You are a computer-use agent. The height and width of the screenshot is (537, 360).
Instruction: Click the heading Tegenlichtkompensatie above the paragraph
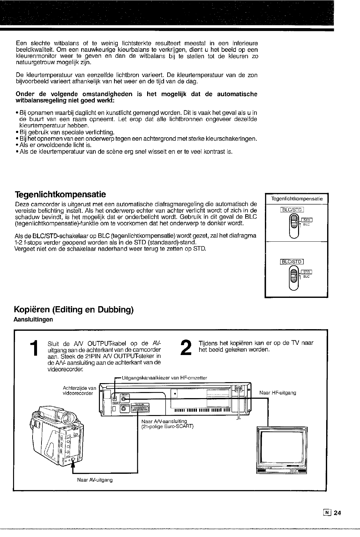pyautogui.click(x=60, y=194)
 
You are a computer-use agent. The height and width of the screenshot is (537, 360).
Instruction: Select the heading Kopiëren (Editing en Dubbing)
pyautogui.click(x=73, y=310)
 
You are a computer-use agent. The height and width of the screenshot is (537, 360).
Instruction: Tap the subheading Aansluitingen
pyautogui.click(x=34, y=320)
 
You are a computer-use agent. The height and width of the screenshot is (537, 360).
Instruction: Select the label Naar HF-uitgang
pyautogui.click(x=278, y=393)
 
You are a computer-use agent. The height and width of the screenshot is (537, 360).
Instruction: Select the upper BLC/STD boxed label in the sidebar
pyautogui.click(x=292, y=209)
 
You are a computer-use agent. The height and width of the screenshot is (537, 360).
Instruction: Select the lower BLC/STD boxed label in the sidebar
pyautogui.click(x=292, y=262)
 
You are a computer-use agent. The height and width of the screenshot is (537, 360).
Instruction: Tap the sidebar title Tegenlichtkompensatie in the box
pyautogui.click(x=297, y=199)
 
